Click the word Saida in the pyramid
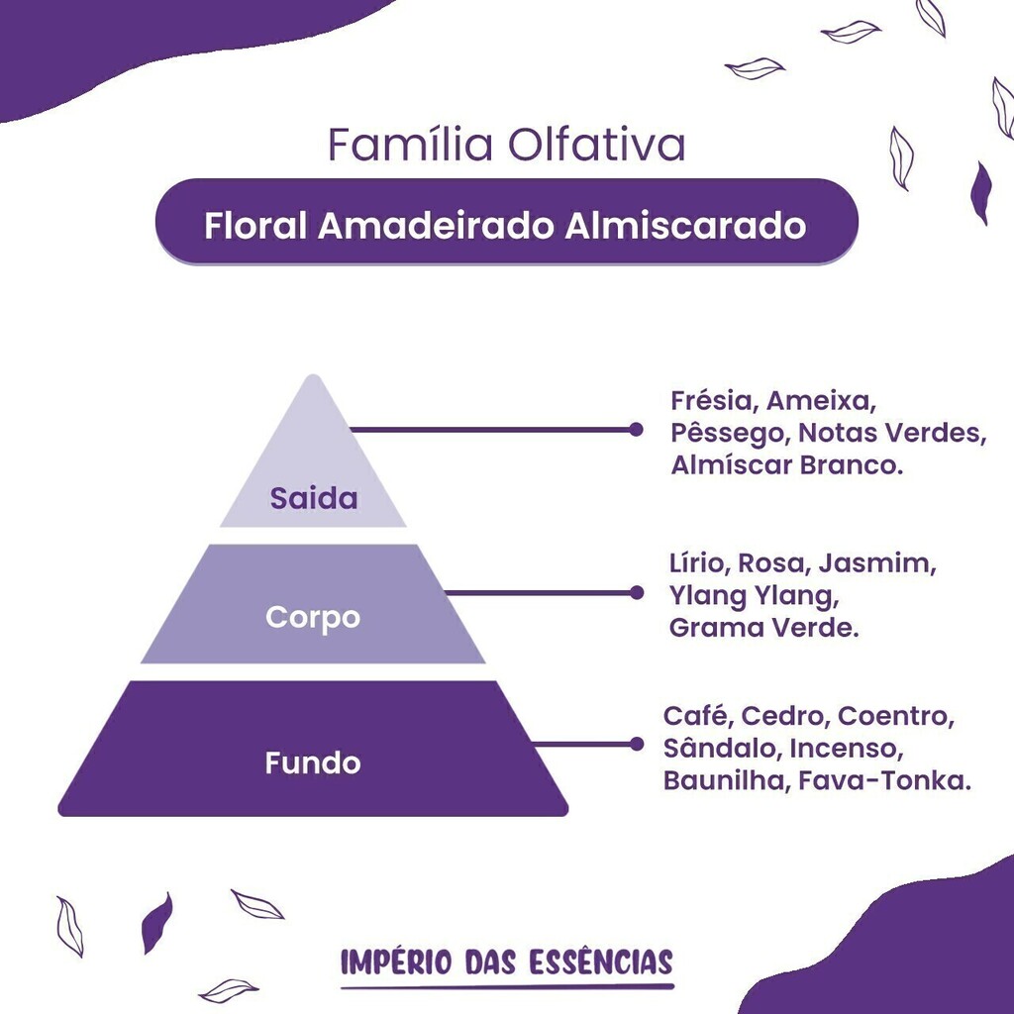(314, 498)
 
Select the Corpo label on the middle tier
(312, 618)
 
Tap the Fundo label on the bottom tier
(312, 763)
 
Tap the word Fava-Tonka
(884, 780)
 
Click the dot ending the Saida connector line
(636, 430)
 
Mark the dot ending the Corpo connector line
(637, 592)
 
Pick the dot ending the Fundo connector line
(637, 744)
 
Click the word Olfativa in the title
(595, 144)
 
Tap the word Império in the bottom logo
(396, 963)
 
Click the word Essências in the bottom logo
(601, 963)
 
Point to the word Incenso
(846, 749)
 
